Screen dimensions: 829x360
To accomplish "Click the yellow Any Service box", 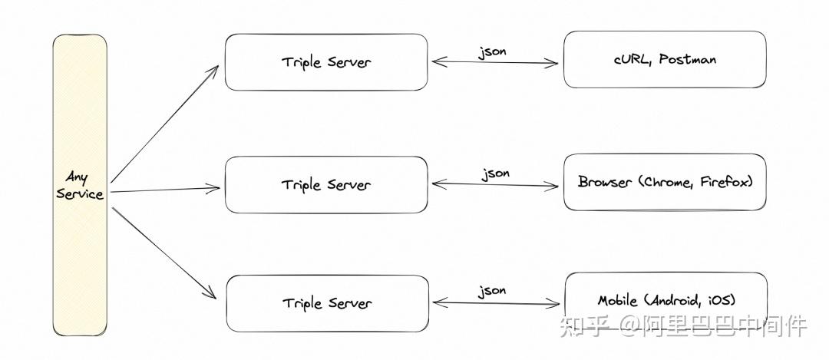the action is point(80,185).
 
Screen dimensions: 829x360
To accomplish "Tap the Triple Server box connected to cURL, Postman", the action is point(326,62).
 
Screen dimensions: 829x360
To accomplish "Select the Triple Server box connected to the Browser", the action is point(326,184).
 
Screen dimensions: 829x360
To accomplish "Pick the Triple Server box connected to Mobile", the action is point(327,303).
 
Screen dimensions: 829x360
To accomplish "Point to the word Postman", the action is point(687,59).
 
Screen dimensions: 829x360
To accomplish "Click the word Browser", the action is point(605,182).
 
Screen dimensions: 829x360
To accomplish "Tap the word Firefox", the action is point(724,182).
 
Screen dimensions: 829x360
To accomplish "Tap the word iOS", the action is point(720,301).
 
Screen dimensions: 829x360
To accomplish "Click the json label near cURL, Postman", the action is point(492,52).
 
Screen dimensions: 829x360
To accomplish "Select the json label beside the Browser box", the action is point(495,174).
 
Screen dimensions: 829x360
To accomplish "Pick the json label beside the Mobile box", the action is point(492,291).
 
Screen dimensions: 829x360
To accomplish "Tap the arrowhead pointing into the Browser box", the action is point(553,186).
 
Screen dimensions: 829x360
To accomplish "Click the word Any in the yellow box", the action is point(77,177).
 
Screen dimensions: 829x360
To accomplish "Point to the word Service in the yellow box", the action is point(80,193).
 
